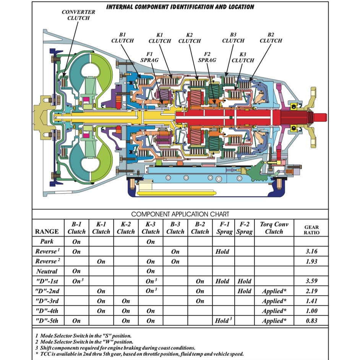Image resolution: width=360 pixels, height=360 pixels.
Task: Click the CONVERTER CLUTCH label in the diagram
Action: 78,15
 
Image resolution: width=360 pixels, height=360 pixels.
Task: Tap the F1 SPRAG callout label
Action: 149,57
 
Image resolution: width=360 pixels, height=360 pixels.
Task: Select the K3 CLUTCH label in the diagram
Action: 243,57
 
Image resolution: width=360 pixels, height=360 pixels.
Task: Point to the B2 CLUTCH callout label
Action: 271,37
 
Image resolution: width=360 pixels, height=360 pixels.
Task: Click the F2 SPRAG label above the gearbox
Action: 207,57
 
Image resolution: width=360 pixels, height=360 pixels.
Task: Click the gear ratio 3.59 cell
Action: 311,281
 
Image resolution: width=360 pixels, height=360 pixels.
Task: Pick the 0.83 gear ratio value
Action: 311,321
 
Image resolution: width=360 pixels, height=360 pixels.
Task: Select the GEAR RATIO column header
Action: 311,229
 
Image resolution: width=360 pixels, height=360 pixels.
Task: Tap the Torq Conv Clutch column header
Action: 274,228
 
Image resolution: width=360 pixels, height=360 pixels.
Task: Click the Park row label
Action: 47,242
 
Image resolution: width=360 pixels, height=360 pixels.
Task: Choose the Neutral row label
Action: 47,271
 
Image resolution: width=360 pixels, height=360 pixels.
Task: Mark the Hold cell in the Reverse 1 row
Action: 222,251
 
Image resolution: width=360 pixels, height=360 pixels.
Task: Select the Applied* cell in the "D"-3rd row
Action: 274,301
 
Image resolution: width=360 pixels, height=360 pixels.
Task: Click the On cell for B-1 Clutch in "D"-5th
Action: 76,321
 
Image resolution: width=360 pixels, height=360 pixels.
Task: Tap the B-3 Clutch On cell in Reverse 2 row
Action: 175,261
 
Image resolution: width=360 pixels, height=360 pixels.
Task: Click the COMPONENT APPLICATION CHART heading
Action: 180,214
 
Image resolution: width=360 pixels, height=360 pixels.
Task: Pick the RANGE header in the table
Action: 47,232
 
